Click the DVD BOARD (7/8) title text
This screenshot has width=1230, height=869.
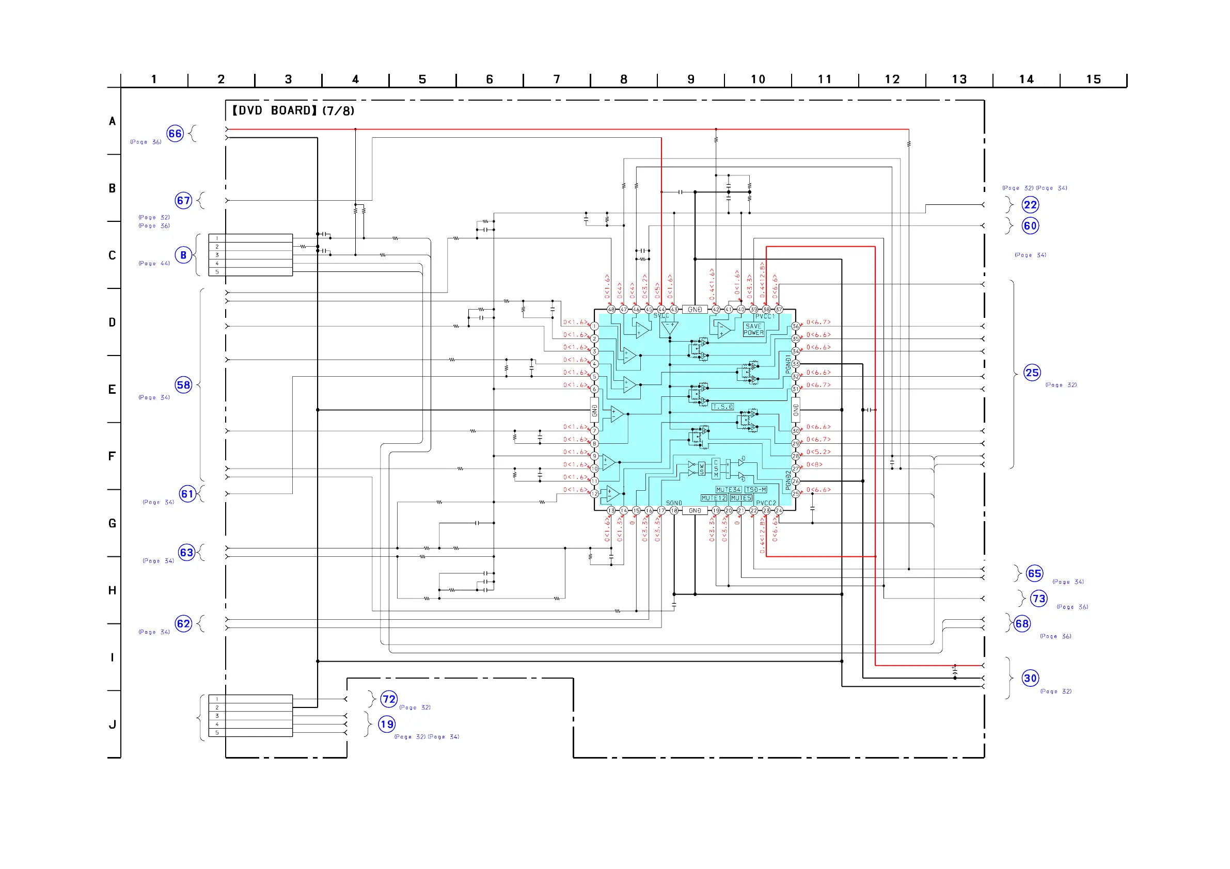292,111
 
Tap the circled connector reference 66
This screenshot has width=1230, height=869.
175,133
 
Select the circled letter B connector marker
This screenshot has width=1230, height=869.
183,255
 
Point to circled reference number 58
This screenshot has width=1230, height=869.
183,385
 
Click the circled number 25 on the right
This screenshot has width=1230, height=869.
1032,373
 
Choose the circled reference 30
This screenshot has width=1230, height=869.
1030,679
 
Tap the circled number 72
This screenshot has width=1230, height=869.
389,699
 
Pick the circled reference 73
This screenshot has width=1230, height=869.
1039,599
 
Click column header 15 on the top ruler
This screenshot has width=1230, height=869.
1093,80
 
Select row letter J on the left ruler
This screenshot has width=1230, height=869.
113,725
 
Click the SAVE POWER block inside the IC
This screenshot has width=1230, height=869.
753,329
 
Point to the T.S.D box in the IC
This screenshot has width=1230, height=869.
722,407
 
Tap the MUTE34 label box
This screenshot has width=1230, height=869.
728,490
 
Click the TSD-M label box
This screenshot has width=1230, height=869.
755,490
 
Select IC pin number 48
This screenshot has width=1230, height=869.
611,310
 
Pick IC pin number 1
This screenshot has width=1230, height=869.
594,326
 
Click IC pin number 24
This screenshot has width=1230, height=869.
778,511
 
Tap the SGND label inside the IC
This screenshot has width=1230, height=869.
673,503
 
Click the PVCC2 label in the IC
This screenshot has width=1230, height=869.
766,503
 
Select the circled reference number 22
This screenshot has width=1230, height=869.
1030,205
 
